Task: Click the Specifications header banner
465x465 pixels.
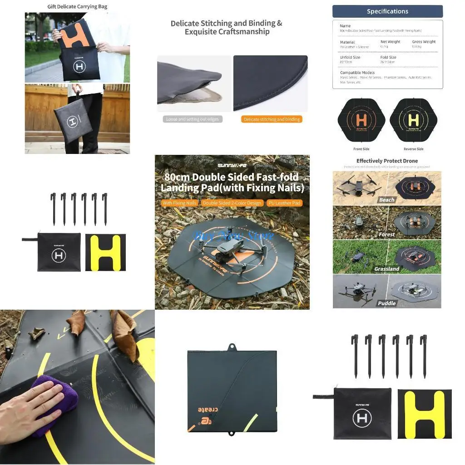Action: coord(387,11)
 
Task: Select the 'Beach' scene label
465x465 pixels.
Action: coord(387,200)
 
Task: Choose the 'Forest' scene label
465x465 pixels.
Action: coord(387,234)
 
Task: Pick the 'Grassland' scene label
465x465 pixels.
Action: coord(387,269)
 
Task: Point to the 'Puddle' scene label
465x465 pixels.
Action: coord(387,303)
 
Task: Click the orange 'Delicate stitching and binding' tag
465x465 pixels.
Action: coord(272,119)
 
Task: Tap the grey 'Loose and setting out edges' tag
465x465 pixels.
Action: coord(193,119)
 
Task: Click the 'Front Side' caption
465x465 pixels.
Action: coord(361,149)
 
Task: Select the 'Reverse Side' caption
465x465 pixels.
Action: coord(413,149)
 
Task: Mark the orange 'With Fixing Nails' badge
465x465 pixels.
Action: coord(180,203)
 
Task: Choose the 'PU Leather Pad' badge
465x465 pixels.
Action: coord(284,203)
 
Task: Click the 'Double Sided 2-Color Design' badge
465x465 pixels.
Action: coord(232,203)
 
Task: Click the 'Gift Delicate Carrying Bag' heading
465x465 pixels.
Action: coord(77,7)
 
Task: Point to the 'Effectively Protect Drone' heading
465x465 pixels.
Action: coord(387,161)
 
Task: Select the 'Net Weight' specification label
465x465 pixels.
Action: coord(391,42)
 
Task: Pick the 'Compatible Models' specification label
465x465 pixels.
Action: coord(357,73)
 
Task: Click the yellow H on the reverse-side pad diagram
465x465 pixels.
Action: coord(413,120)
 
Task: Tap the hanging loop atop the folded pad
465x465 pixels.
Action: coord(232,348)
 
